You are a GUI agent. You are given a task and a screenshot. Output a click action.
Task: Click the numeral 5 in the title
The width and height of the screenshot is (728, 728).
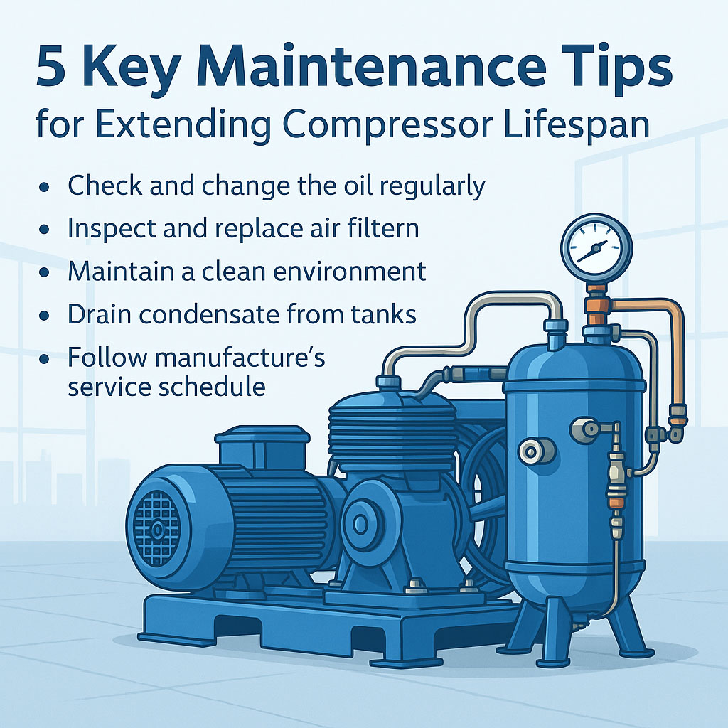tap(50, 68)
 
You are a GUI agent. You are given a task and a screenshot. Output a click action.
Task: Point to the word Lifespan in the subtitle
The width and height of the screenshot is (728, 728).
tap(576, 125)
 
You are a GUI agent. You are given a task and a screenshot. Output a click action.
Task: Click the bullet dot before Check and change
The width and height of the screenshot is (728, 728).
tap(45, 187)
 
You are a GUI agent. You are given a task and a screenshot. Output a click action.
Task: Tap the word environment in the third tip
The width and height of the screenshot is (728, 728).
tap(349, 271)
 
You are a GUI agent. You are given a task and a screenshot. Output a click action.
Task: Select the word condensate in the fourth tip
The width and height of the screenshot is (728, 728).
tap(210, 314)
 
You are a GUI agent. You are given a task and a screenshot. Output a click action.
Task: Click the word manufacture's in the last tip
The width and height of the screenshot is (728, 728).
tap(240, 358)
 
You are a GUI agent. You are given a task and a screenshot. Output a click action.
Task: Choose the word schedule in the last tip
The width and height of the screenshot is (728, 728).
tap(212, 386)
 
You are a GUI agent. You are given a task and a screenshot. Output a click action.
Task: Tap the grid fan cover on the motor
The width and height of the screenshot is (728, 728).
tap(157, 529)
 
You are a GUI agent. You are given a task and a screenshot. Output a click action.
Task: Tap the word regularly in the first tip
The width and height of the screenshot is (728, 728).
tap(432, 188)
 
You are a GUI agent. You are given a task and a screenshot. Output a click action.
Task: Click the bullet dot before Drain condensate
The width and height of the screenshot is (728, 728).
tap(45, 316)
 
